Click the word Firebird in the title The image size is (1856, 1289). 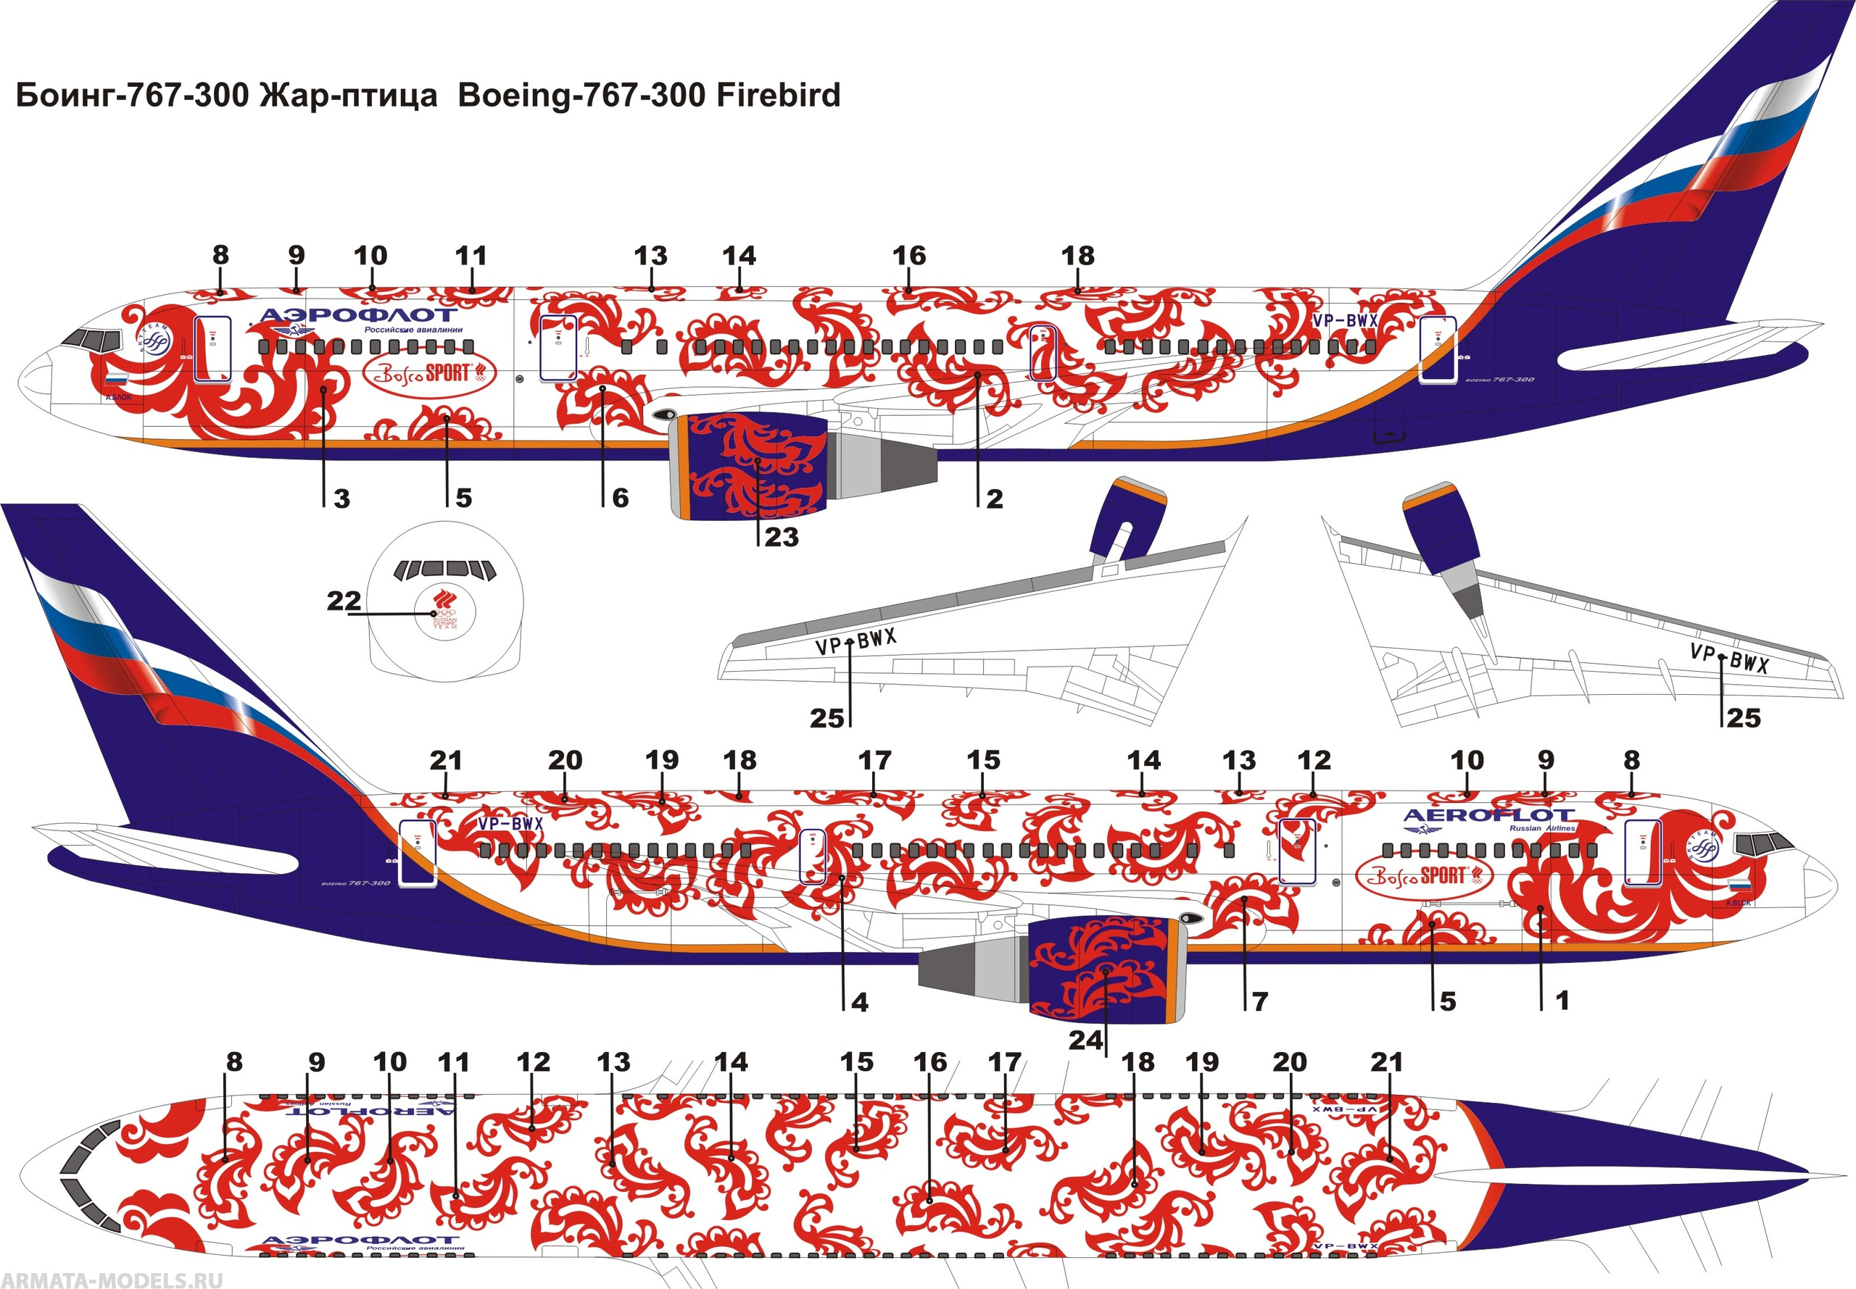click(x=779, y=96)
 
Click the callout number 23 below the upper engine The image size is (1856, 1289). click(x=781, y=537)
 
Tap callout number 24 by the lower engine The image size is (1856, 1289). click(x=1085, y=1040)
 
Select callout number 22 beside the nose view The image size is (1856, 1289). click(x=344, y=601)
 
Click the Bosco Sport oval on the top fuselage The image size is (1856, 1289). click(x=428, y=373)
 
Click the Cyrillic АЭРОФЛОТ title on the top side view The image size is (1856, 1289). click(x=358, y=314)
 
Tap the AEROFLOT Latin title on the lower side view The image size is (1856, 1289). click(x=1488, y=815)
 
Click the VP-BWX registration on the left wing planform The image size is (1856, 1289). click(x=855, y=642)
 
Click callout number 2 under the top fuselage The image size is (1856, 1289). click(x=995, y=499)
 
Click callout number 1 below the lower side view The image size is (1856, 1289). click(x=1562, y=1001)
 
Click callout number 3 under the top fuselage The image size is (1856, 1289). click(x=341, y=499)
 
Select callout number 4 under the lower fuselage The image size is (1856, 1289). click(x=860, y=1002)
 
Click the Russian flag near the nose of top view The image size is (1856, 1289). click(x=116, y=379)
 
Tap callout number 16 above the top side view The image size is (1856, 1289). click(x=908, y=256)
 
